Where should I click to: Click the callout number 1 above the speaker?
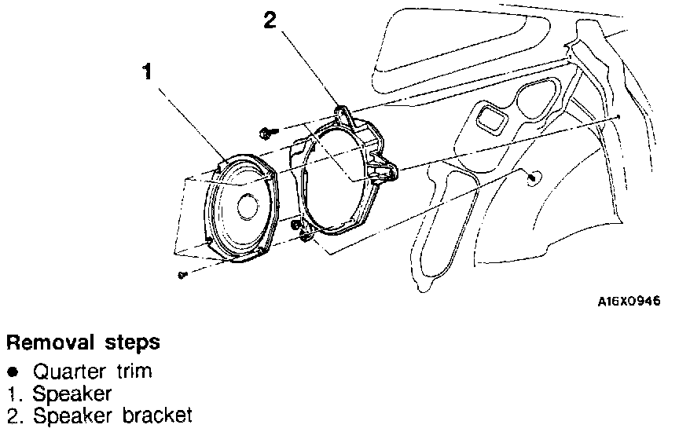(x=148, y=71)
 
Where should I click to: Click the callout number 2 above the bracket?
(x=270, y=20)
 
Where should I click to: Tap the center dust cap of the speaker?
(x=248, y=207)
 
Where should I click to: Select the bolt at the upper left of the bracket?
(x=266, y=133)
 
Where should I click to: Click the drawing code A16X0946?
(x=629, y=302)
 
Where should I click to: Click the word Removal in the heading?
(x=50, y=342)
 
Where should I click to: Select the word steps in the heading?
(x=132, y=343)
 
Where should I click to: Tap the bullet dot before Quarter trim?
(x=14, y=372)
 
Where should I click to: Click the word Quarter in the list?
(x=69, y=372)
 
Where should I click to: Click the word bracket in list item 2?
(x=157, y=416)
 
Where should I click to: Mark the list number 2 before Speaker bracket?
(x=13, y=416)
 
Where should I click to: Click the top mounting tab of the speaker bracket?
(x=343, y=113)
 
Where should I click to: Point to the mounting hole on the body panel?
(x=533, y=177)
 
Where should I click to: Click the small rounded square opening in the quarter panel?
(x=490, y=117)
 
